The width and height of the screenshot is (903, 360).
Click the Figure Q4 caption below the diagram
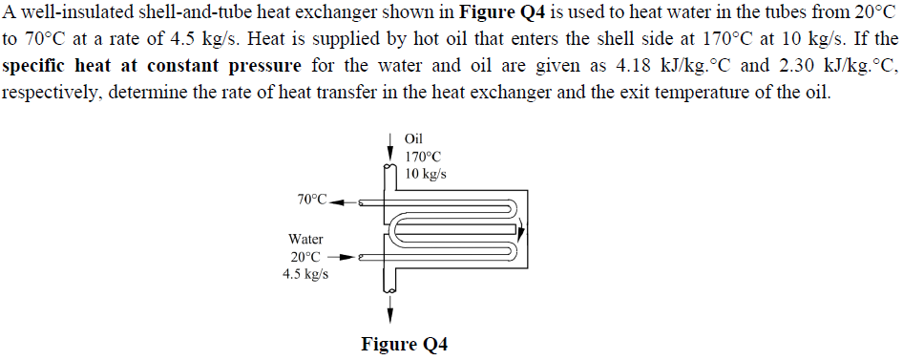coord(404,344)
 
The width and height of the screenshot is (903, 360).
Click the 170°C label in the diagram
coord(424,157)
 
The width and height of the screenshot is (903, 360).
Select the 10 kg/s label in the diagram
coord(426,174)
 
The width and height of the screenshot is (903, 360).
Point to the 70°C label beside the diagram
coord(311,200)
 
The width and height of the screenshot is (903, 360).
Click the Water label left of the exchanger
coord(305,239)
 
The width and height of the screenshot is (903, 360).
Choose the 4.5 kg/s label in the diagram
coord(305,274)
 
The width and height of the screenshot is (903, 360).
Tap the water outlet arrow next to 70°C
coord(343,202)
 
